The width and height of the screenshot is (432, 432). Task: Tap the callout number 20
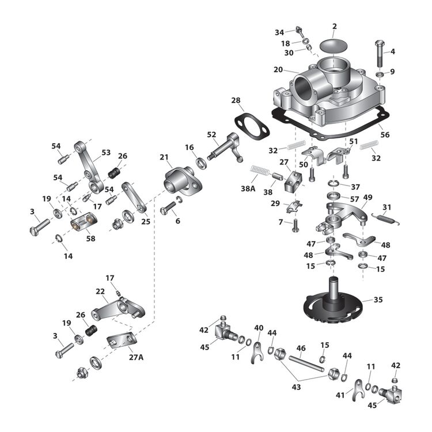[x=278, y=69]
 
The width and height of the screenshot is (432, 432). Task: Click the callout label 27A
[x=137, y=357]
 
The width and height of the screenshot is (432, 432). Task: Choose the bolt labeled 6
[x=168, y=211]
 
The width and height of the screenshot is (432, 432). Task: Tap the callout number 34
[x=279, y=32]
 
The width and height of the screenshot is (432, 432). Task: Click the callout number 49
[x=367, y=197]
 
